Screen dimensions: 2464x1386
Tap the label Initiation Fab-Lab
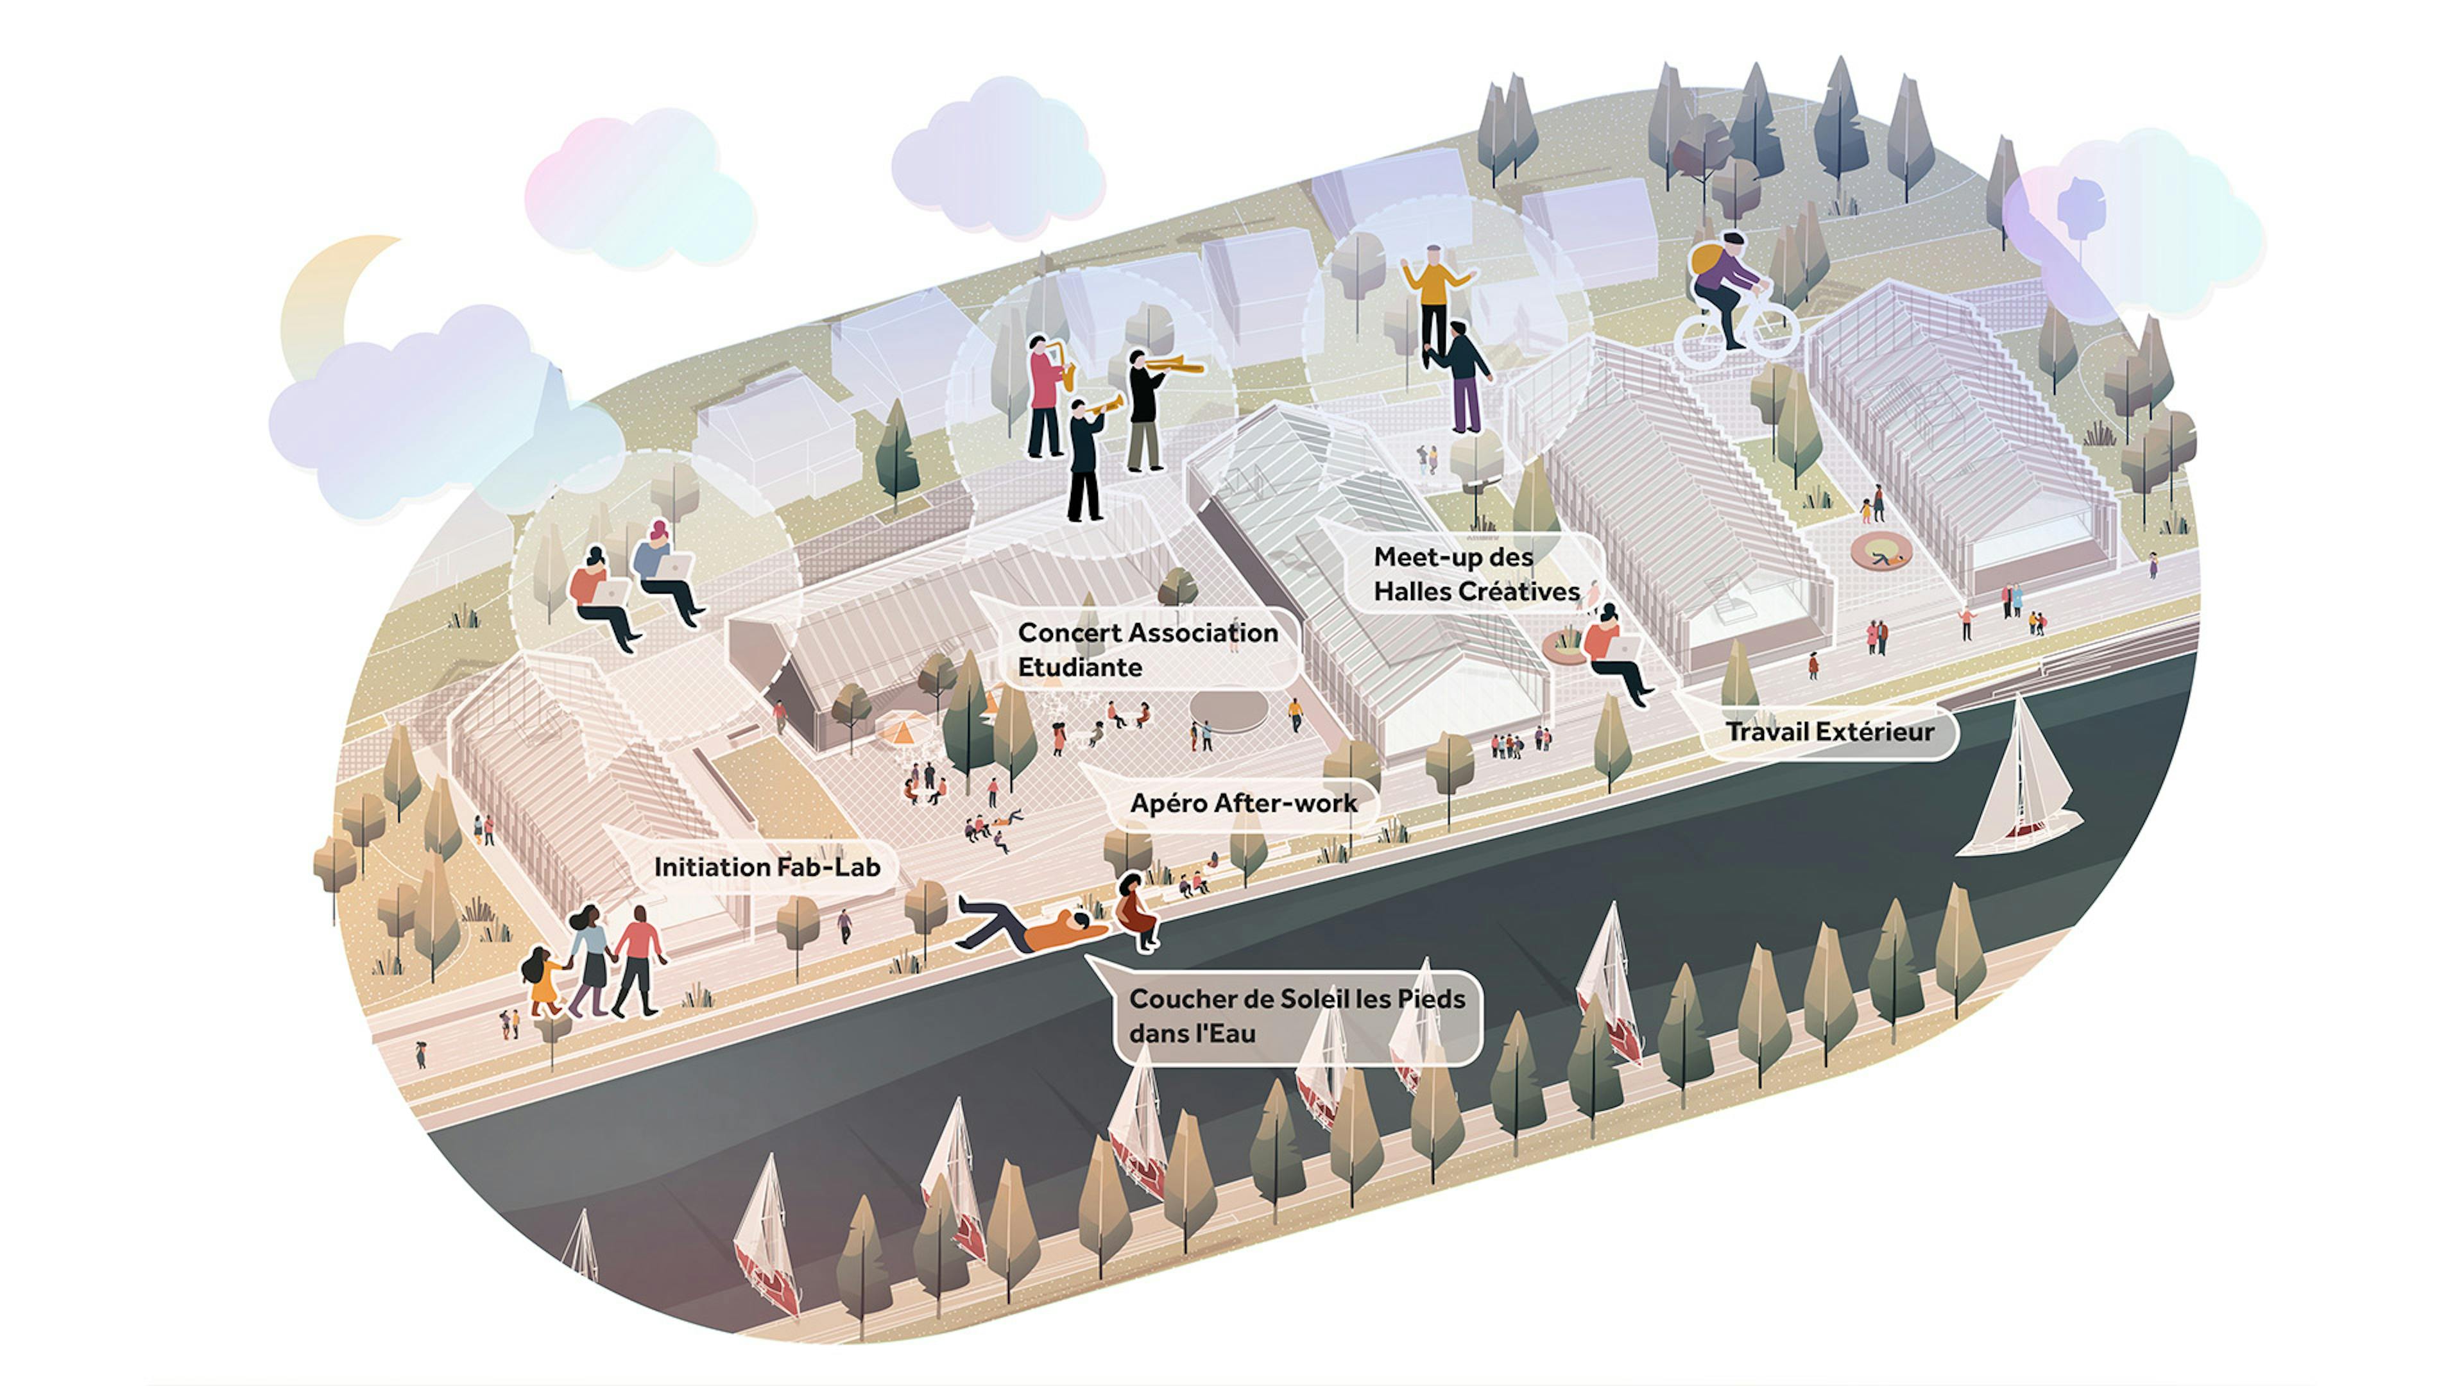click(x=767, y=868)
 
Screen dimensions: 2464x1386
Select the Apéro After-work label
click(x=1244, y=803)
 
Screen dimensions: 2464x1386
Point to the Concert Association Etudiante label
click(x=1148, y=649)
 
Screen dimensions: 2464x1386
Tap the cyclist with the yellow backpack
click(x=1727, y=287)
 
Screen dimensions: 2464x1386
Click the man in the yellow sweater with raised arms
click(x=1434, y=296)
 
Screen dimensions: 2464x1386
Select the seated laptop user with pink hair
click(x=667, y=571)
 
